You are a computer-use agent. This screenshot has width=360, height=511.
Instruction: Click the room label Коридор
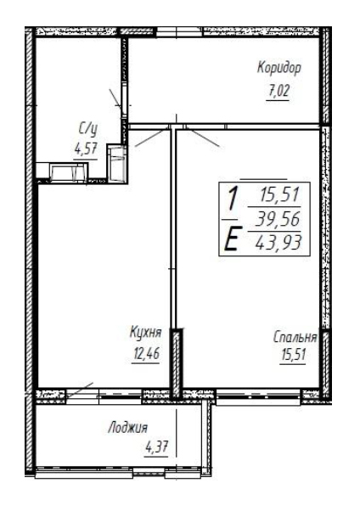point(278,69)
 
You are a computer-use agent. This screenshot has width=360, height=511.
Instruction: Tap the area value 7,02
point(278,92)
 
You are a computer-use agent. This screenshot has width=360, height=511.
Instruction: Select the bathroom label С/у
point(88,130)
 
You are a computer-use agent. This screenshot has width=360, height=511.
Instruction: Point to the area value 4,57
point(86,149)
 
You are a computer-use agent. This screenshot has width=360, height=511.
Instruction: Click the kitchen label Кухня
point(145,333)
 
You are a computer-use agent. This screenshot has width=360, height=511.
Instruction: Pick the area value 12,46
point(146,353)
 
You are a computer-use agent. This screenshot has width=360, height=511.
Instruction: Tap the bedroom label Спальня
point(295,338)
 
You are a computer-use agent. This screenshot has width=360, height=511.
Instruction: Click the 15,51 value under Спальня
point(293,355)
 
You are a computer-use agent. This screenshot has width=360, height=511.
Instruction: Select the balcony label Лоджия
point(128,428)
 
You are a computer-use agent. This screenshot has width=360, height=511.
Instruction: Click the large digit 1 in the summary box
point(232,199)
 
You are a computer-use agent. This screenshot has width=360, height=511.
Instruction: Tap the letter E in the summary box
point(231,239)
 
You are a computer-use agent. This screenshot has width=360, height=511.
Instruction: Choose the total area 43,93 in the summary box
point(278,242)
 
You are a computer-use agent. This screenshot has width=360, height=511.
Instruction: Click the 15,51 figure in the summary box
point(280,195)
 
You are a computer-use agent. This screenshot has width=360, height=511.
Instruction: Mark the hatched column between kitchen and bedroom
point(177,363)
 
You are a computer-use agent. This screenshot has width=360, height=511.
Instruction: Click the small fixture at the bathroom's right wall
point(116,162)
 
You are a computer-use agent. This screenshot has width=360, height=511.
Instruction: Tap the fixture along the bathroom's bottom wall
point(69,171)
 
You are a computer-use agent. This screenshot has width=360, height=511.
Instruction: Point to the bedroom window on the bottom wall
point(258,397)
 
